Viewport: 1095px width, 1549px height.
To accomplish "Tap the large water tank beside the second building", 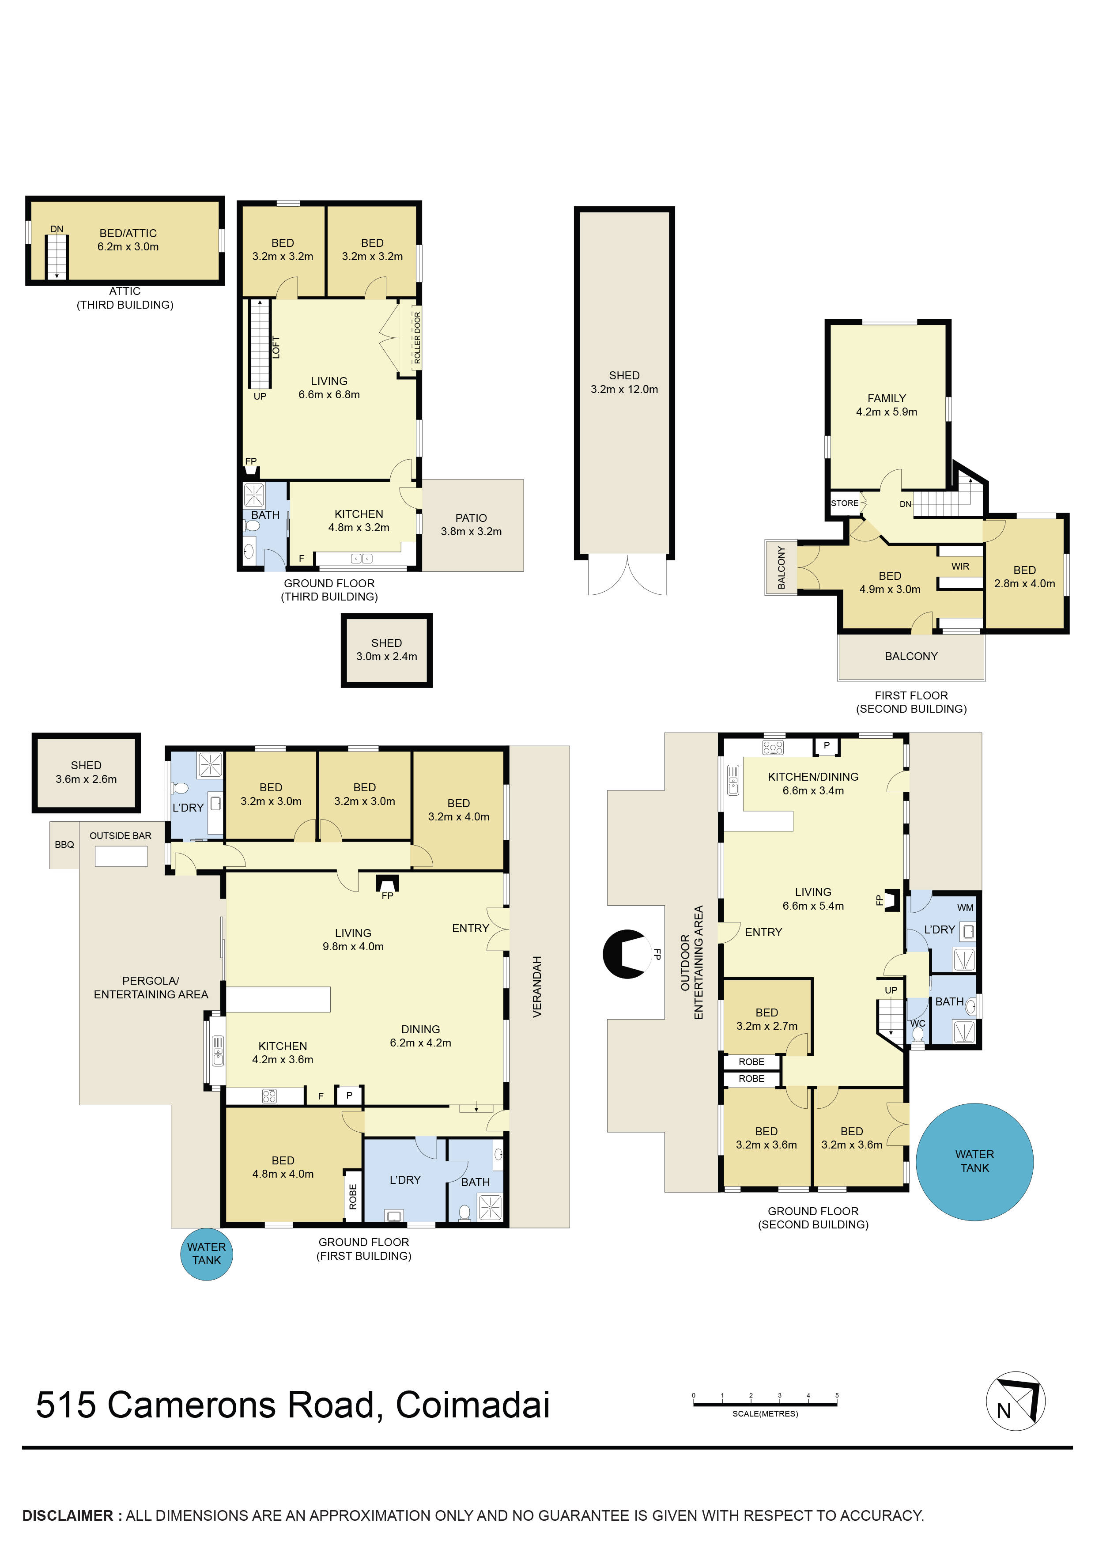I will point(974,1161).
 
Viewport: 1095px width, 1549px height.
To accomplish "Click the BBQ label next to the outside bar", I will point(64,845).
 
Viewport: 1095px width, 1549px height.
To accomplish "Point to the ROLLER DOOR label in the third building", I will point(417,338).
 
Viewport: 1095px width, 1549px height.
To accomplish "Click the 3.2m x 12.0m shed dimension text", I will point(624,389).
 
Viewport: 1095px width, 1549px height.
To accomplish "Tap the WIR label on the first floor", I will point(960,566).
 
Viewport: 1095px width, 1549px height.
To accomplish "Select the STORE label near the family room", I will point(844,503).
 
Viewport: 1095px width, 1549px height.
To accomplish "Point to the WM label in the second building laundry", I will point(965,907).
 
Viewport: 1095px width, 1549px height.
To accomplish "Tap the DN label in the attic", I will point(57,229).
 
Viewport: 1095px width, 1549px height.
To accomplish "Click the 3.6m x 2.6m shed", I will point(87,772).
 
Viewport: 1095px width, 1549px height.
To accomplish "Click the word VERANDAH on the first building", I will point(537,986).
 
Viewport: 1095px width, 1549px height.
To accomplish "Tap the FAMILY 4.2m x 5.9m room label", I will point(887,405).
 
